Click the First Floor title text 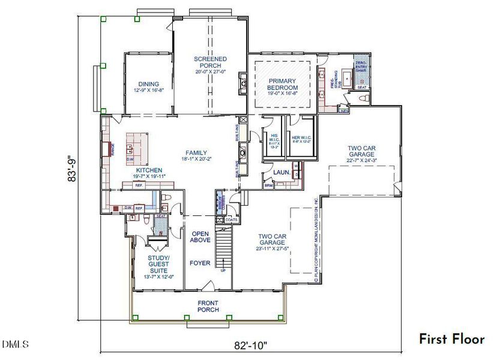click(451, 339)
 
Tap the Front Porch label click(208, 306)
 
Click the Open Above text click(200, 238)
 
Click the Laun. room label click(282, 173)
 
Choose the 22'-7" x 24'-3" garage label click(361, 153)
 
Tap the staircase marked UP click(223, 249)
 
